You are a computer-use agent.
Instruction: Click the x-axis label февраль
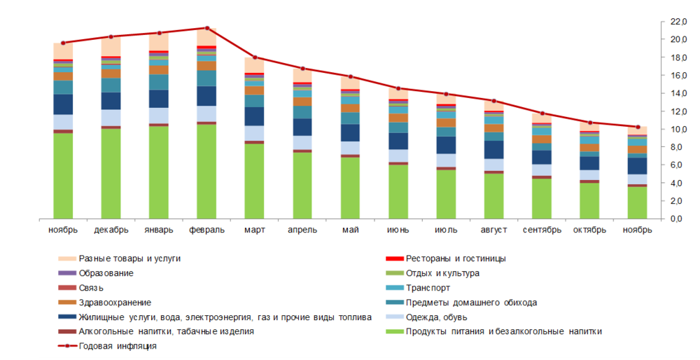tap(206, 230)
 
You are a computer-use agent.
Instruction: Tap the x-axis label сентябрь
tap(542, 230)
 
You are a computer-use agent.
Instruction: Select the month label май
tap(350, 230)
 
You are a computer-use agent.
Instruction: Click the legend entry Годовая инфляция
tap(118, 346)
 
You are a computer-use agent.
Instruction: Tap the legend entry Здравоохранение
tap(115, 302)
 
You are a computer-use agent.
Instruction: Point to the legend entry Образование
tap(106, 273)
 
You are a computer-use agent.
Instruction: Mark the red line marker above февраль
tap(206, 28)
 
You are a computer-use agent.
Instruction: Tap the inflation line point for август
tap(493, 101)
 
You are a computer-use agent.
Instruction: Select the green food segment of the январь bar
tap(158, 172)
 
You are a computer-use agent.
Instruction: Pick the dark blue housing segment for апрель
tap(302, 127)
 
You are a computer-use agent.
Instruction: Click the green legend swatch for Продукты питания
tap(394, 331)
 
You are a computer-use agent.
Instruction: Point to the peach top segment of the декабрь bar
tap(111, 46)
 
